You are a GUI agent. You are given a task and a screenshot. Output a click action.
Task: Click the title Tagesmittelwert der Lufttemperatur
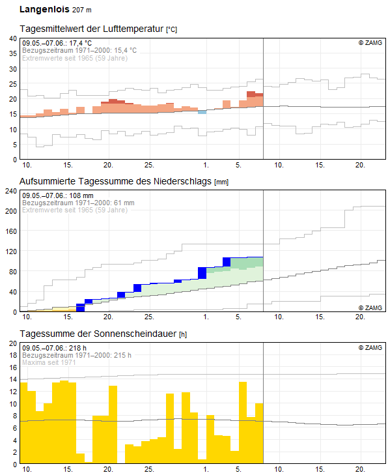(92, 29)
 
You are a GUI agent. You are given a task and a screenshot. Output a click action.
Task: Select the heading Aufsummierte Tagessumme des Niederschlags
(115, 181)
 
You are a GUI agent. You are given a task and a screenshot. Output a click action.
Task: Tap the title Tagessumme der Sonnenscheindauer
(98, 334)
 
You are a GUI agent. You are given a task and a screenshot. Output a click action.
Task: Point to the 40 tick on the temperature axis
(13, 38)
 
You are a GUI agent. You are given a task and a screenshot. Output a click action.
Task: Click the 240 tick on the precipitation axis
(11, 191)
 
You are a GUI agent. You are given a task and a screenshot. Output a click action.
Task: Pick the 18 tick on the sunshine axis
(13, 355)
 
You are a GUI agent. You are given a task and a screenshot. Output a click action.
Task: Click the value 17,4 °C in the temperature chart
(80, 43)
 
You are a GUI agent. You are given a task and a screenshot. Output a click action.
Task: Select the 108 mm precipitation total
(81, 195)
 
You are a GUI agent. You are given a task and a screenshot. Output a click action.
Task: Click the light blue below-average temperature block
(202, 112)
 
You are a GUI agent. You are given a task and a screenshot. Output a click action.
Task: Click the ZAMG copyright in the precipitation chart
(370, 308)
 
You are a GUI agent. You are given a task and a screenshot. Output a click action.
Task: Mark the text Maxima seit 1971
(49, 362)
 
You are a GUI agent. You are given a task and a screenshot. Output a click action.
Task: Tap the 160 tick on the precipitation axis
(11, 231)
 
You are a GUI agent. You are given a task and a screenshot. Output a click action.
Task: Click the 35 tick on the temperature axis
(13, 53)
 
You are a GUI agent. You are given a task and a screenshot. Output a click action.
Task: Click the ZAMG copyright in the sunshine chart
(370, 347)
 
